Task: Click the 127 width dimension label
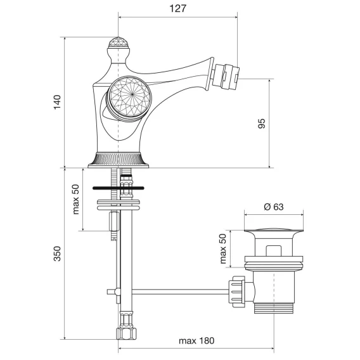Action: [177, 9]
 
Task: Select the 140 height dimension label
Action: [57, 102]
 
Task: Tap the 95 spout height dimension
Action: [262, 124]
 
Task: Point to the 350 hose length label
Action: [57, 254]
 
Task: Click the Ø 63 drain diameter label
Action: [274, 207]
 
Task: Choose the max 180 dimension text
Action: [196, 340]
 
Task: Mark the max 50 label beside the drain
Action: [222, 248]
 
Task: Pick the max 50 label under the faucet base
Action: [75, 199]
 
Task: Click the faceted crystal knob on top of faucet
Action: [119, 42]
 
